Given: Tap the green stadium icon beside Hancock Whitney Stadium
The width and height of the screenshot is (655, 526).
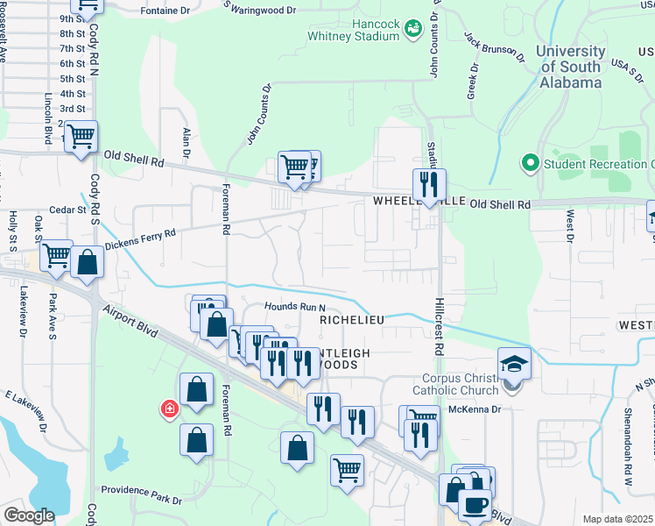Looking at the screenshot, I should tap(412, 30).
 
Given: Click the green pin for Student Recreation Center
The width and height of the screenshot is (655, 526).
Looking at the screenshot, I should tap(529, 163).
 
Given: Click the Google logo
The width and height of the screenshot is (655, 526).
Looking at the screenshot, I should tap(29, 515).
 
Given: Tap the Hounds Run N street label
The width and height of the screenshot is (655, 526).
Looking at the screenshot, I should tap(295, 308).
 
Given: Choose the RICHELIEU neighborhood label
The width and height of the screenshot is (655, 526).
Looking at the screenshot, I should tap(352, 321).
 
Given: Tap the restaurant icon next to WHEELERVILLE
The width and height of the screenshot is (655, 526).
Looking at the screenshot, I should tap(429, 184).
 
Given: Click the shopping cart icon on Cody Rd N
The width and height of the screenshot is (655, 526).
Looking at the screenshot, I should tap(81, 137).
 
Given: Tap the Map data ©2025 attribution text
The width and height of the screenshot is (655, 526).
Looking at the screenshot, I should tap(617, 519).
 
